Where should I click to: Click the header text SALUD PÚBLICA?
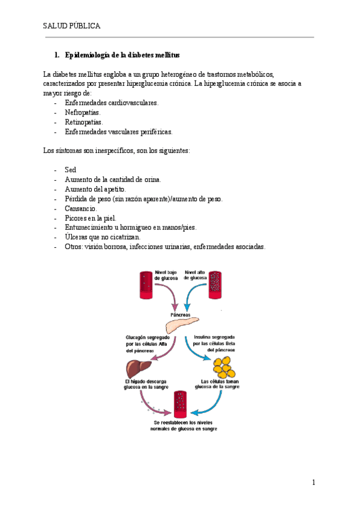(x=71, y=26)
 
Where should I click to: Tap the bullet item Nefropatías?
(x=83, y=112)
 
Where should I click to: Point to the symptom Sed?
(x=70, y=170)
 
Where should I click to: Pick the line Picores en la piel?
(x=91, y=218)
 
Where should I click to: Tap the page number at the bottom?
(x=313, y=483)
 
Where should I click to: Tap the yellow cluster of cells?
(x=223, y=367)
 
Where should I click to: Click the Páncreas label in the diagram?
(x=180, y=314)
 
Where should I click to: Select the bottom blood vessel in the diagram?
(x=180, y=405)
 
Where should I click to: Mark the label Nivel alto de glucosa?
(x=196, y=275)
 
